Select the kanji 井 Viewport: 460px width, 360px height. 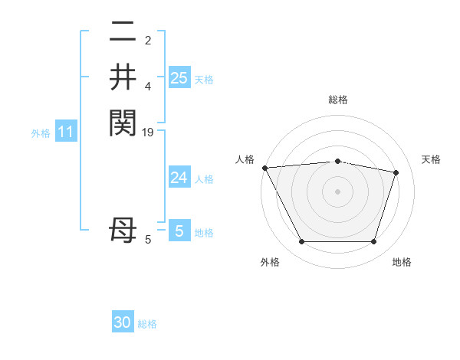(x=123, y=77)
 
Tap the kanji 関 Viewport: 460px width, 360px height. (x=123, y=122)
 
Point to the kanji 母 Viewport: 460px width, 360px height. (x=123, y=229)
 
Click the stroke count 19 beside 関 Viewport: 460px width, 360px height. (x=149, y=133)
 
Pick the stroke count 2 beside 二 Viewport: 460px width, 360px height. (x=148, y=41)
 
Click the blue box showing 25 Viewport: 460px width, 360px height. (x=179, y=77)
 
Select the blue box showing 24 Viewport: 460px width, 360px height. (x=179, y=178)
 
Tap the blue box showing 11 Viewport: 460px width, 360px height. (x=66, y=133)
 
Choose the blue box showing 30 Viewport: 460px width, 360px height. (x=123, y=322)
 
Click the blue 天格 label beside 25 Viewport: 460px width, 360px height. (x=204, y=79)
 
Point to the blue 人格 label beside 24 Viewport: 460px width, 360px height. (x=204, y=179)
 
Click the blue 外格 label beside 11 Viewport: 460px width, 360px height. (x=41, y=133)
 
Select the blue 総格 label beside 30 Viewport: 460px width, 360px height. (x=147, y=324)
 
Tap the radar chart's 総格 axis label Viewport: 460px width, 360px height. (x=337, y=100)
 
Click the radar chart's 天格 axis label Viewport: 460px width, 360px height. (x=431, y=159)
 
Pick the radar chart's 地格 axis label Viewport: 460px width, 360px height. (x=402, y=262)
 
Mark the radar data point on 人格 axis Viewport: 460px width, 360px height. (x=265, y=168)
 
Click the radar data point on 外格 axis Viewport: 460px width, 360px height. (x=301, y=242)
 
